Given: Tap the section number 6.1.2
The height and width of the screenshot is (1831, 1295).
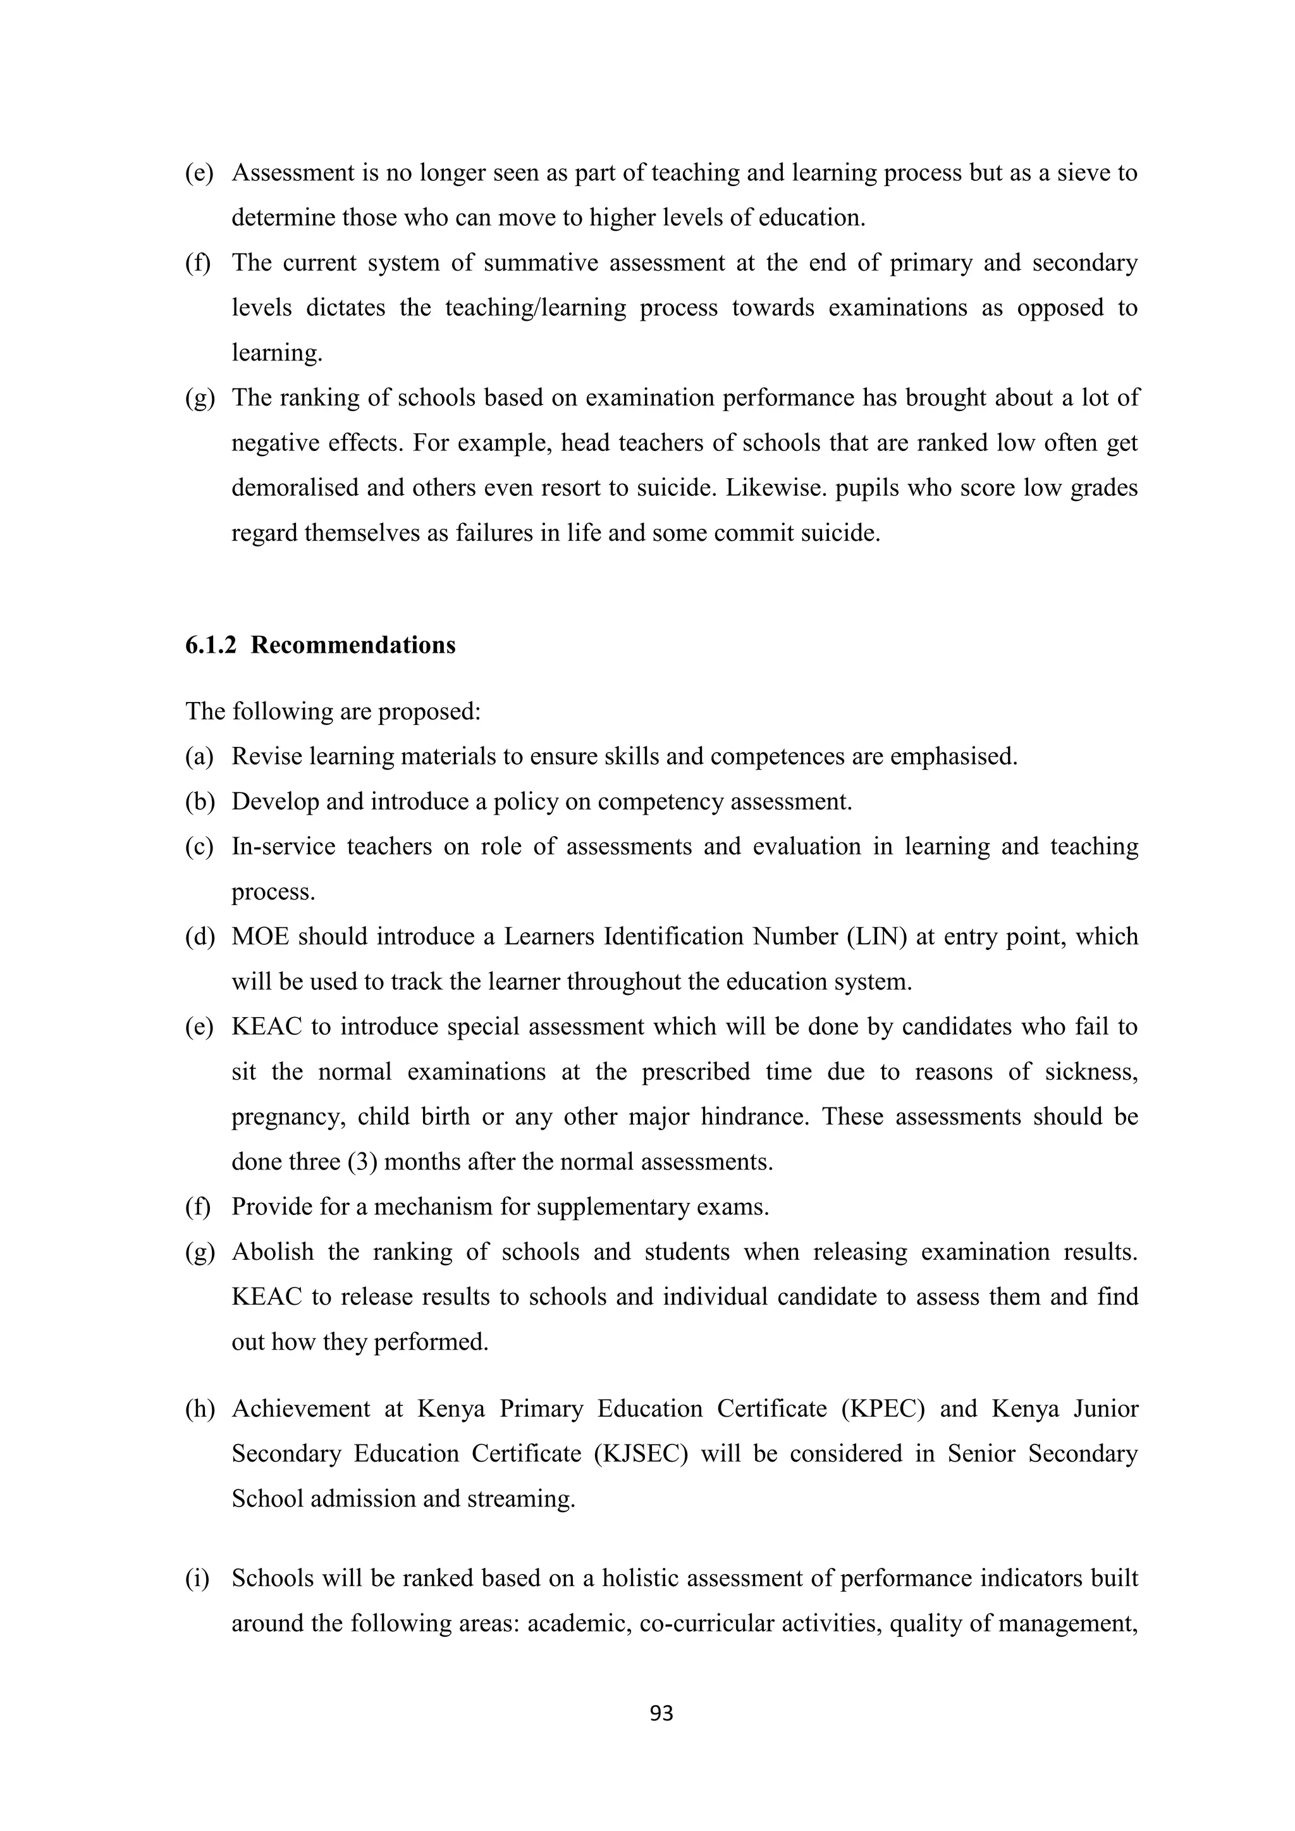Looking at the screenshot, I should point(211,645).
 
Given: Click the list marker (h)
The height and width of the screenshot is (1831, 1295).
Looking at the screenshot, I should point(199,1409).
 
